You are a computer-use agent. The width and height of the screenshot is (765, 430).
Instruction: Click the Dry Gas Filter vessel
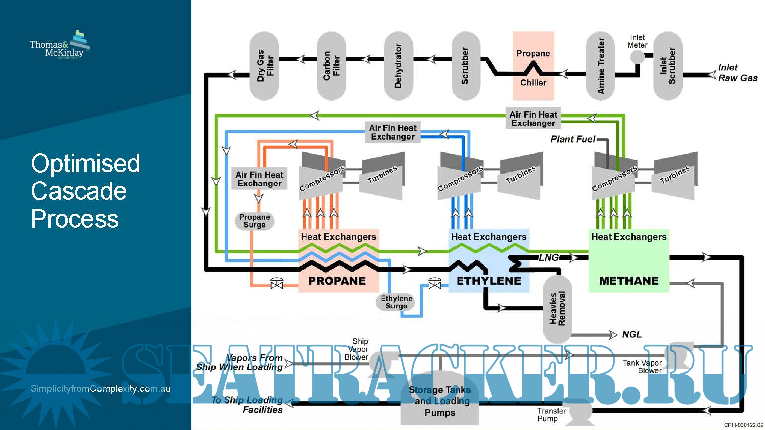point(264,66)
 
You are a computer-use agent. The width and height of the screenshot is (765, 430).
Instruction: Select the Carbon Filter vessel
point(331,66)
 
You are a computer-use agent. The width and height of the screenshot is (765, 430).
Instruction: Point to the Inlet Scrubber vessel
point(668,66)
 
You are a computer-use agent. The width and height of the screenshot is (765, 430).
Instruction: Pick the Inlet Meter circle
point(637,57)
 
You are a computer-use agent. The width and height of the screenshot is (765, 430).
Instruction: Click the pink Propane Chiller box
point(533,66)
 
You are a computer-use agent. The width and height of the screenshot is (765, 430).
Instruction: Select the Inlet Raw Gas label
point(737,73)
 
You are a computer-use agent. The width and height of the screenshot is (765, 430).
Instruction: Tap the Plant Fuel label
point(572,139)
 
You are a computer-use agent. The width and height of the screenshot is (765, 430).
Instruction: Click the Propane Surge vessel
point(254,221)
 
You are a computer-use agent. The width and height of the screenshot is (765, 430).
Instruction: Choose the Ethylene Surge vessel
point(396,302)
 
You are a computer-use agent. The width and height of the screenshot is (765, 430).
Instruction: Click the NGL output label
point(632,335)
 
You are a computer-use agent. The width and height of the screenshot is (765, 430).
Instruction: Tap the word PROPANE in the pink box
point(337,281)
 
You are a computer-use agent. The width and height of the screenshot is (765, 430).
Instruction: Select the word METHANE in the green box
point(628,281)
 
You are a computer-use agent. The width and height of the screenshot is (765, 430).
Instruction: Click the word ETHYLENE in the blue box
point(489,281)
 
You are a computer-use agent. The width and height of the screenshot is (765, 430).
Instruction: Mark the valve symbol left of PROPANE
point(276,284)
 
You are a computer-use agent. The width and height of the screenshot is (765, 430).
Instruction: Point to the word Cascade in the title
point(78,191)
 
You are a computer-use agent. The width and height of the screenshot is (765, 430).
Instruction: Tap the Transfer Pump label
point(551,415)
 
